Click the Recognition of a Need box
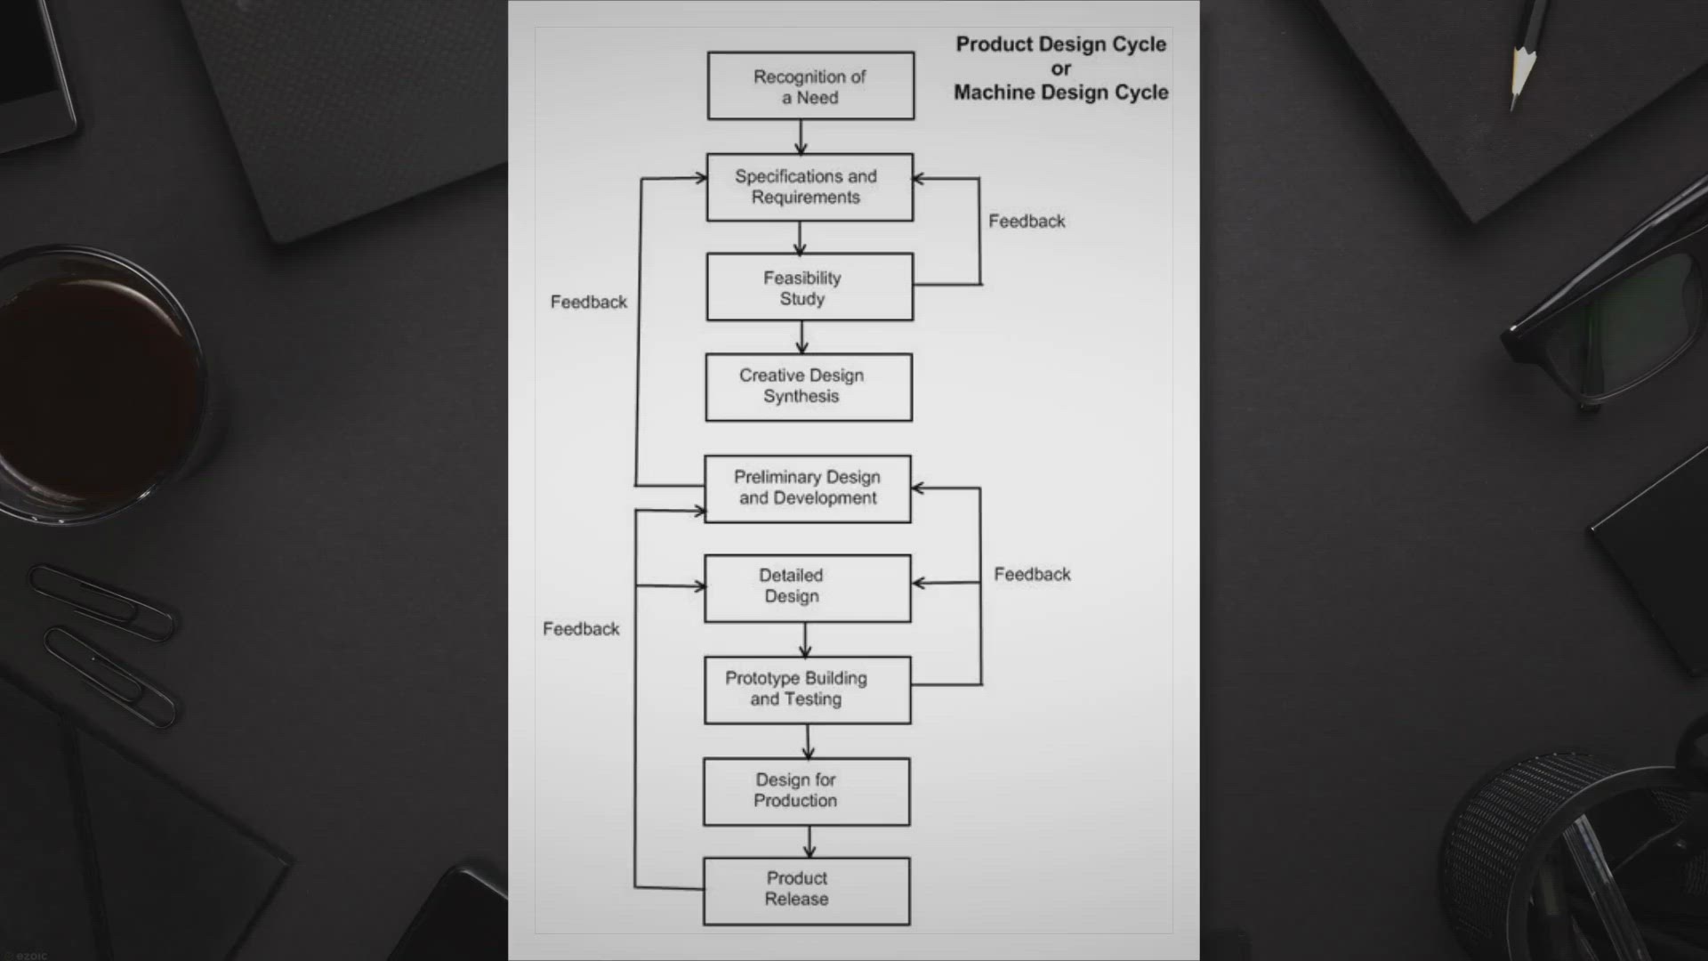(810, 85)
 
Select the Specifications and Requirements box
(810, 187)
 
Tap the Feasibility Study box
(810, 287)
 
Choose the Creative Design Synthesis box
(809, 387)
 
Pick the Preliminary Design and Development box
(808, 489)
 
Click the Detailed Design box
(808, 588)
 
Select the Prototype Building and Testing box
(808, 690)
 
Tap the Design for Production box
(807, 791)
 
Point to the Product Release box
(807, 891)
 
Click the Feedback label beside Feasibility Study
(1027, 221)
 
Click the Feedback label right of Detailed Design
(1032, 574)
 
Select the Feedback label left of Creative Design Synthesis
(589, 302)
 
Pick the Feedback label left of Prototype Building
(581, 628)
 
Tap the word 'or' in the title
(1061, 69)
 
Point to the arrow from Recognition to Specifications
(801, 137)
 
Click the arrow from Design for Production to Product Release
(809, 842)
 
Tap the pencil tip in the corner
(1513, 107)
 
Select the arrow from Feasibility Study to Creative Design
(802, 337)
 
